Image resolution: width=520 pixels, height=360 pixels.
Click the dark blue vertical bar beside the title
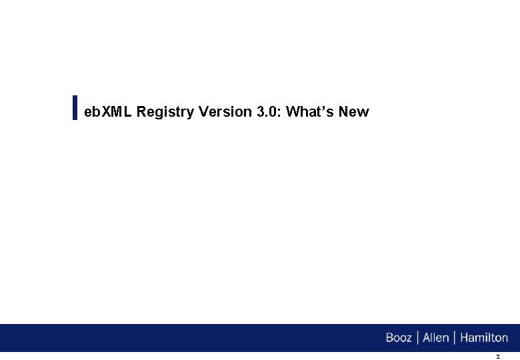click(75, 107)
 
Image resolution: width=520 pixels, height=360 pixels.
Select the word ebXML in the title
click(108, 112)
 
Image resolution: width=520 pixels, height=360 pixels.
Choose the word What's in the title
click(310, 112)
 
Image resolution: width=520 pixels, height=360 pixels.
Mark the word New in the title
click(353, 112)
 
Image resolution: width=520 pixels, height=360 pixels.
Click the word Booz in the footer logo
click(399, 338)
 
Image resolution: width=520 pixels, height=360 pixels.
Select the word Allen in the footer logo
click(435, 338)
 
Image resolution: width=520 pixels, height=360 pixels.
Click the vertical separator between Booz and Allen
click(417, 338)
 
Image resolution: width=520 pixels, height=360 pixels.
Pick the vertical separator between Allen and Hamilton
click(454, 338)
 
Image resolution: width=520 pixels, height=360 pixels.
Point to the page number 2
click(497, 357)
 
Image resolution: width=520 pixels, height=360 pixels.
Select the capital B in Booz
click(390, 338)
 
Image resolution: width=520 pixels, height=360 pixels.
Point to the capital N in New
click(343, 112)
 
